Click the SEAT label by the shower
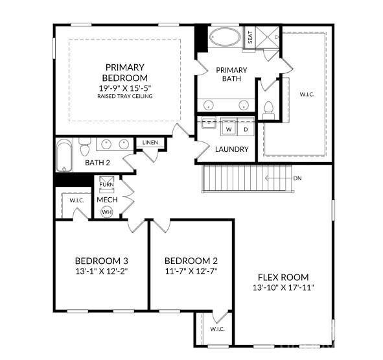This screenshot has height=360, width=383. coord(251,37)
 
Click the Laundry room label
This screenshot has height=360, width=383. coord(231,149)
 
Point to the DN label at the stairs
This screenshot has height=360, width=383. coord(297,178)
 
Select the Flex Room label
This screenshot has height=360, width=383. coord(283,276)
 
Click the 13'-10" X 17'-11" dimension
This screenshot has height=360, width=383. coord(283,287)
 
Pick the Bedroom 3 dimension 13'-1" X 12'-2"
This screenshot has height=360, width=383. coord(100,272)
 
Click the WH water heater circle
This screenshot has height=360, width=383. coord(107,211)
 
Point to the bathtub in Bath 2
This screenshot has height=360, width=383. coord(63,156)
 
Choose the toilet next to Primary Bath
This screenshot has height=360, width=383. coord(268,109)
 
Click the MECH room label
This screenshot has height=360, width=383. coord(107,199)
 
